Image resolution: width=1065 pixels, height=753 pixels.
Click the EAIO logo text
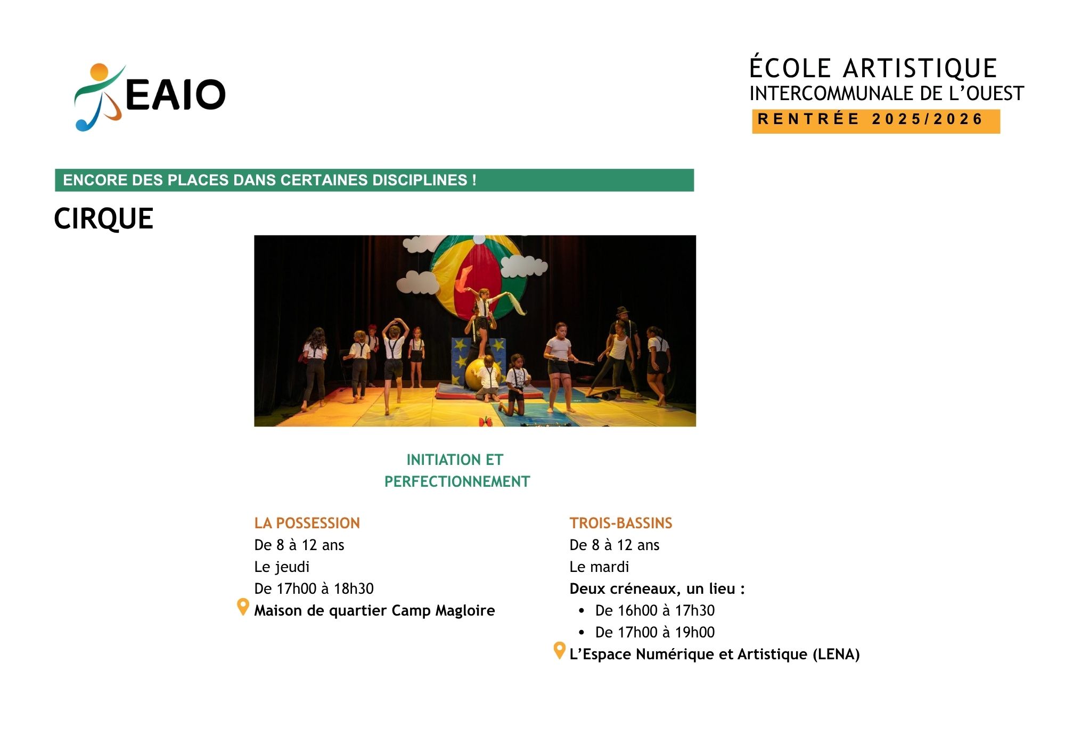click(175, 95)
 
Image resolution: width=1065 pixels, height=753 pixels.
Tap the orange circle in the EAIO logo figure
click(100, 72)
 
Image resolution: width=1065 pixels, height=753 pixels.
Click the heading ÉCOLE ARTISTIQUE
click(873, 68)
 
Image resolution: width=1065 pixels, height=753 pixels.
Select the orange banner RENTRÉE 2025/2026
click(876, 121)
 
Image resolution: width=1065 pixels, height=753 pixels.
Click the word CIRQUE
click(104, 219)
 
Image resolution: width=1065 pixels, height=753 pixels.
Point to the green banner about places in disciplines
click(374, 180)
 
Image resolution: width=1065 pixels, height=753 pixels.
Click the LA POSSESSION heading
click(307, 523)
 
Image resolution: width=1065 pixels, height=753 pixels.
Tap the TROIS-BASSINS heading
click(621, 523)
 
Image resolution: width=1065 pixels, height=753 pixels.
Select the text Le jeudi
click(282, 567)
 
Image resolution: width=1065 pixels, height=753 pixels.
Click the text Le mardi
click(599, 567)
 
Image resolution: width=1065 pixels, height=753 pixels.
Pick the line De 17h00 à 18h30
click(314, 588)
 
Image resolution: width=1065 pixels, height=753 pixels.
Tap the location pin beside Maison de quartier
click(243, 607)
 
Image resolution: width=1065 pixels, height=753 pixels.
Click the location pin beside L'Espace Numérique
click(559, 650)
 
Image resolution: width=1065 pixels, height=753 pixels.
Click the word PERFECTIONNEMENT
click(457, 481)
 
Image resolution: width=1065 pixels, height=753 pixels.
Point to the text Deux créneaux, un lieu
click(657, 589)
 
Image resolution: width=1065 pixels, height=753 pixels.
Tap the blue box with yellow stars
click(479, 360)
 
